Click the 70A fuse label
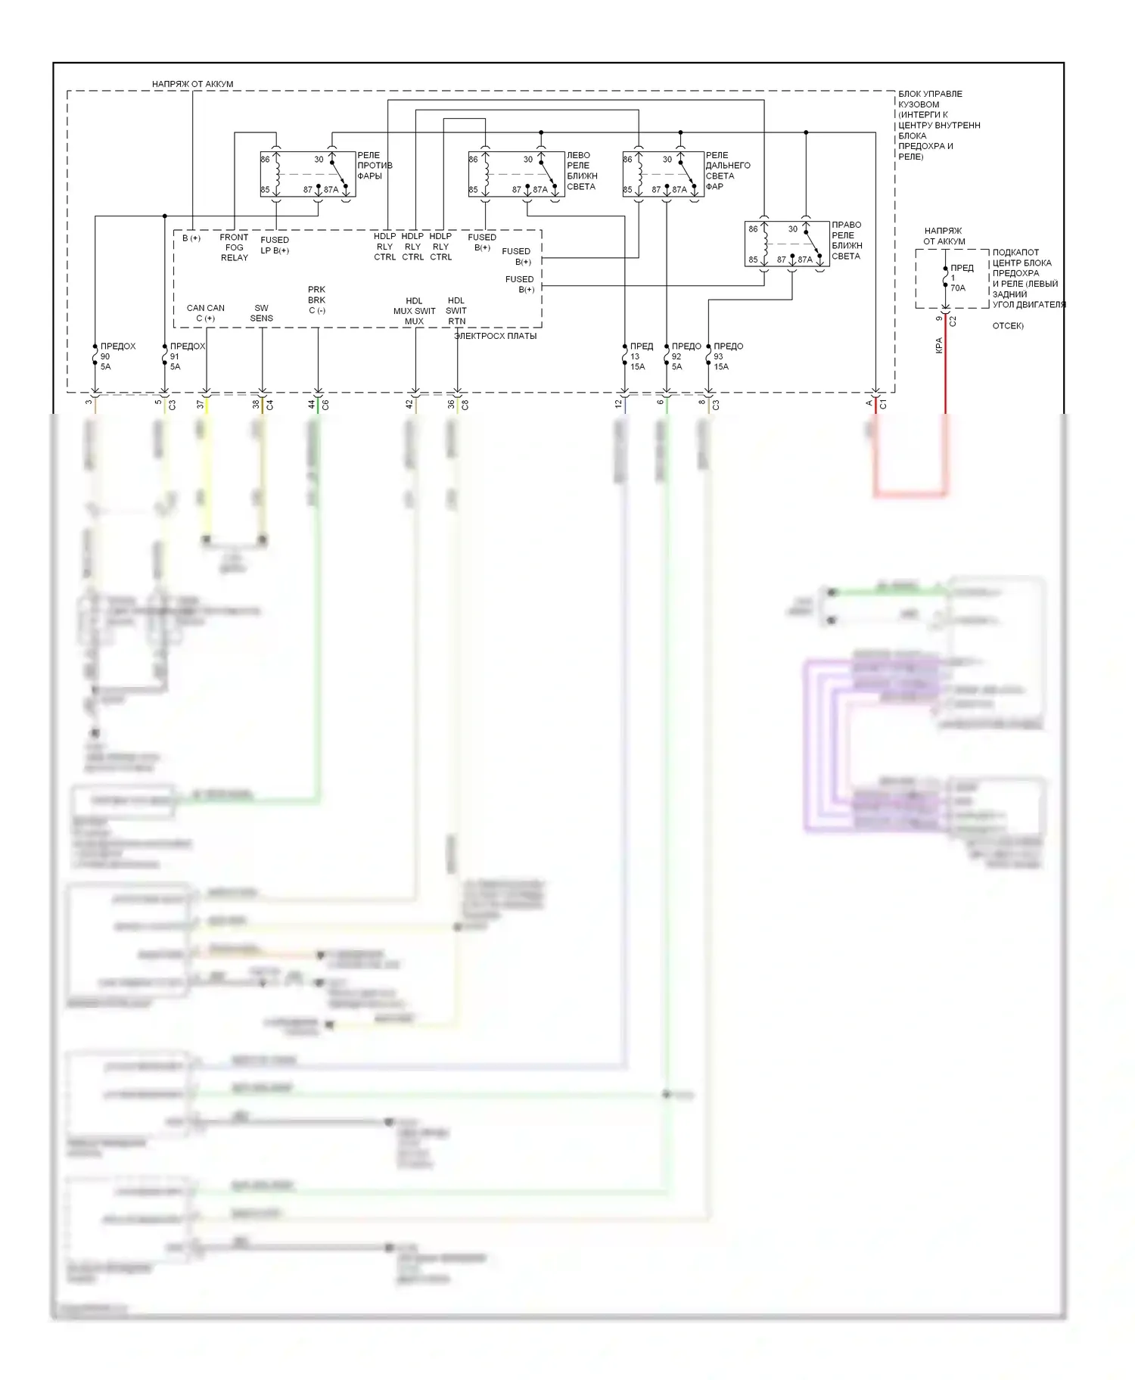(x=958, y=288)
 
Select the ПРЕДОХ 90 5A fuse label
(x=117, y=356)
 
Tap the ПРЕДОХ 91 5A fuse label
(x=186, y=356)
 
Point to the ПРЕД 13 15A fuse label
(x=640, y=356)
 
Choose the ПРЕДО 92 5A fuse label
(x=685, y=356)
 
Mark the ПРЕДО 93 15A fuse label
(x=727, y=356)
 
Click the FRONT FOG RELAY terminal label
(x=234, y=247)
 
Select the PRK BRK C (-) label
(x=316, y=300)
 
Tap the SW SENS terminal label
(x=262, y=313)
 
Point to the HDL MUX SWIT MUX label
(x=414, y=311)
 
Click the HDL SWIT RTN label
(x=456, y=311)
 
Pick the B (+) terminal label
(x=191, y=238)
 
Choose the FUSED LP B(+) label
(x=275, y=245)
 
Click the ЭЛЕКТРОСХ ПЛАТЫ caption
(x=496, y=336)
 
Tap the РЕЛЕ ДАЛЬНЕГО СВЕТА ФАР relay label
(x=727, y=171)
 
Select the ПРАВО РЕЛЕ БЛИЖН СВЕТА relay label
(x=846, y=241)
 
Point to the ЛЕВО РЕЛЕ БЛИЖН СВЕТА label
(x=581, y=171)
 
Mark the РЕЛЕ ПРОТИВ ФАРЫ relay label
(x=375, y=166)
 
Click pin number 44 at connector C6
(x=311, y=405)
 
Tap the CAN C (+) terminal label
(x=205, y=313)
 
